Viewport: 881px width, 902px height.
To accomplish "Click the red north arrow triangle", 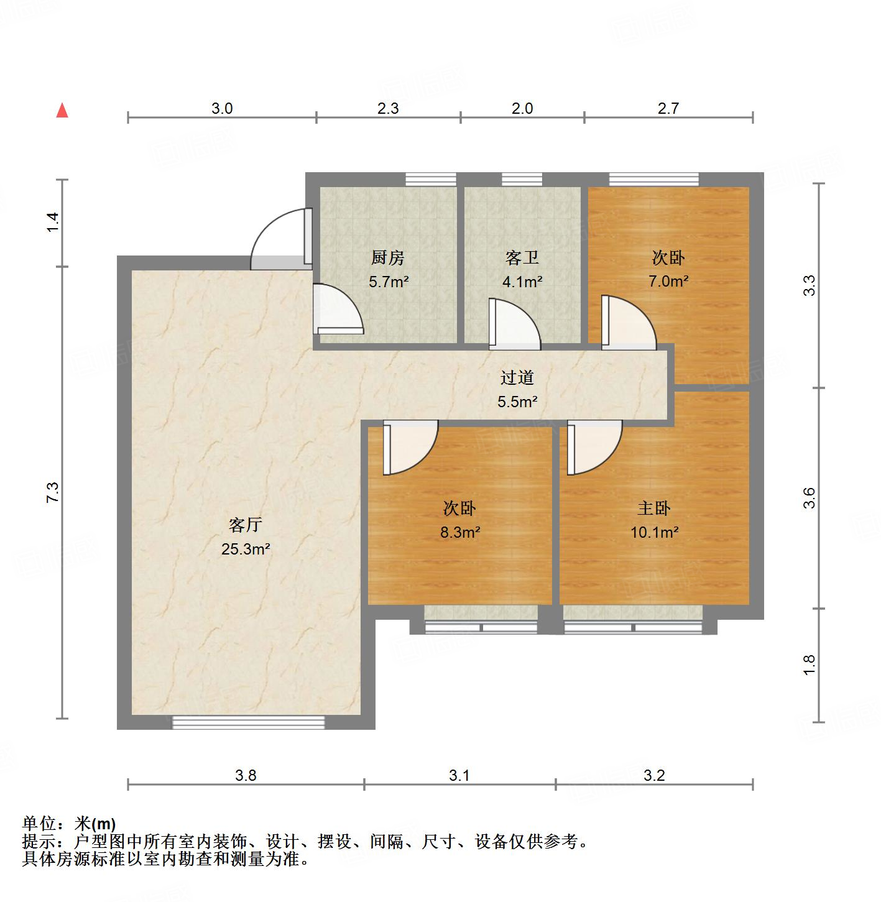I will [x=62, y=111].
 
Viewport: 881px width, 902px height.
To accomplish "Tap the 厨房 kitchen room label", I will [x=388, y=257].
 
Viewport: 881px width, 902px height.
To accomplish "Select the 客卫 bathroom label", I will [x=522, y=257].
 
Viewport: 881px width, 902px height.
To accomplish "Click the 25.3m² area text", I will [x=246, y=550].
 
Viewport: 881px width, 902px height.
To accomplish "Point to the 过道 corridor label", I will [x=517, y=377].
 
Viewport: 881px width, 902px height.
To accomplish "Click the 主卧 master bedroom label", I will [x=654, y=509].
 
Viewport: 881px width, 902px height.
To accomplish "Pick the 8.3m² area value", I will [x=459, y=532].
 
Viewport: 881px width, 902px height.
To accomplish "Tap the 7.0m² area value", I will [x=668, y=281].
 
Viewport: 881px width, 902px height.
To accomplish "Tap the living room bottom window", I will [x=248, y=722].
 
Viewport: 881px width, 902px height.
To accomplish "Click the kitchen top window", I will [x=431, y=180].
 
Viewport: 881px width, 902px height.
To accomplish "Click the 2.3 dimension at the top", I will [x=388, y=109].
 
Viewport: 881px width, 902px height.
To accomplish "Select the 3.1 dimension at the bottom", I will [x=459, y=775].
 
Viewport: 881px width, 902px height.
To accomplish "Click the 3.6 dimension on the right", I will [x=809, y=498].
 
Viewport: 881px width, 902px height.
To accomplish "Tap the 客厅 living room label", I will [x=246, y=525].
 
